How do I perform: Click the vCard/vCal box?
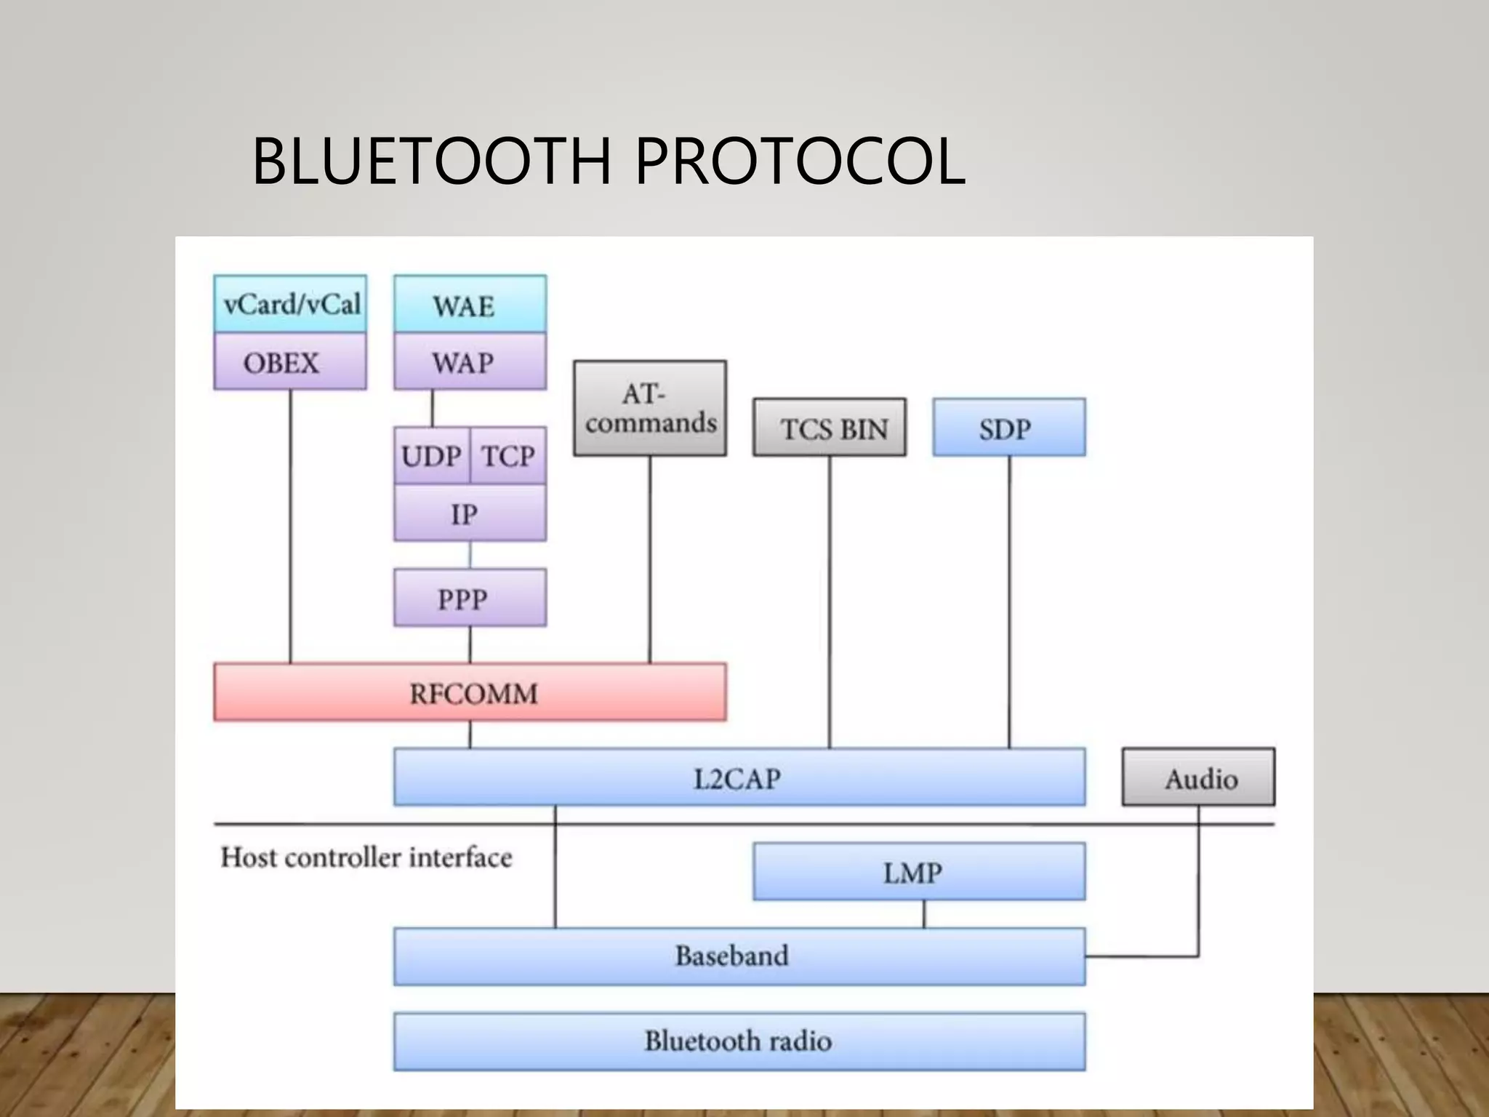[290, 304]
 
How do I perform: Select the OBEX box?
[290, 362]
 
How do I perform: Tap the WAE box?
[470, 305]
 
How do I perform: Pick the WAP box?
[470, 362]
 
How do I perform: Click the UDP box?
[432, 456]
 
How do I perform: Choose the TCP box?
[508, 456]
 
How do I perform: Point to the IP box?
[470, 513]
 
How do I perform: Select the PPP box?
[470, 598]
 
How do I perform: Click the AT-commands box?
[650, 409]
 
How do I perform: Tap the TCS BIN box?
[830, 428]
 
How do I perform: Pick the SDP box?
[1009, 428]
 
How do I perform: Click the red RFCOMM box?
[470, 693]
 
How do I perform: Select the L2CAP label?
[737, 779]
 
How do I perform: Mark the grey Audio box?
[1198, 778]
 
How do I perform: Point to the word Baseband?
[731, 956]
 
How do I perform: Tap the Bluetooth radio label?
[738, 1041]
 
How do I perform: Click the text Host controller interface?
[366, 857]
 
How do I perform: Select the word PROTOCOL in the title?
[800, 161]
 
